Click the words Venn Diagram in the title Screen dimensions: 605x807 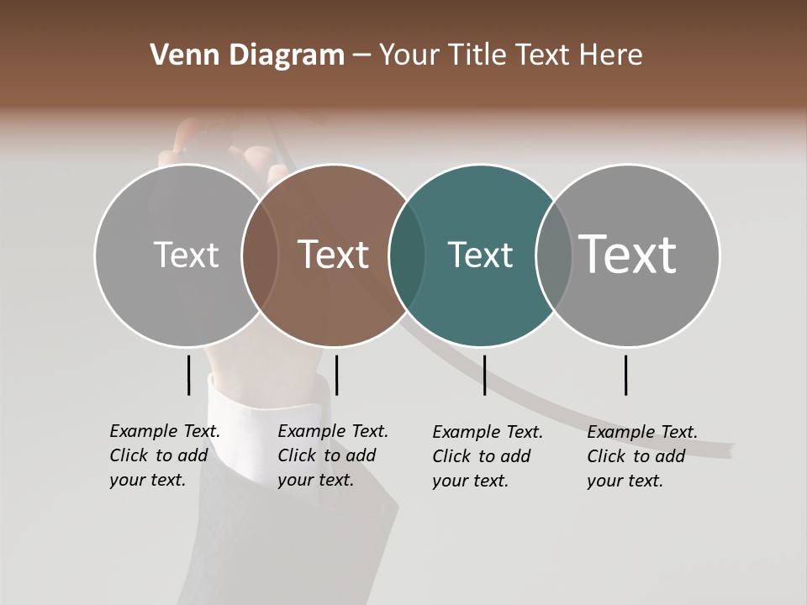pos(247,55)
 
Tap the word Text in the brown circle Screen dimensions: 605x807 pos(333,255)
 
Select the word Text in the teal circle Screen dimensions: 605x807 pos(480,255)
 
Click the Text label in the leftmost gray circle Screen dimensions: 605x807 pos(186,255)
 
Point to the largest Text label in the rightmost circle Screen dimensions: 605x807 pos(627,254)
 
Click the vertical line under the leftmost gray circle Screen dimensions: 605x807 pos(188,375)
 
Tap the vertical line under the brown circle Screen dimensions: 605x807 pos(336,375)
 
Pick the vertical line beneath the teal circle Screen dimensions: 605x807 pos(484,375)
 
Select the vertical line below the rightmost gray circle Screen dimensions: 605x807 pos(626,375)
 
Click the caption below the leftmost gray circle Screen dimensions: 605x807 pos(165,455)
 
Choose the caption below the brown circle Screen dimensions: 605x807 pos(333,455)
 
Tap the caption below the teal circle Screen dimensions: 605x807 pos(488,456)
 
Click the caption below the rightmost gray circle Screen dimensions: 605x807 pos(642,456)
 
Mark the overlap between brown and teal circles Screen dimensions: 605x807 pos(407,255)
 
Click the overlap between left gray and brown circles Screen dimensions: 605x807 pos(260,255)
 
